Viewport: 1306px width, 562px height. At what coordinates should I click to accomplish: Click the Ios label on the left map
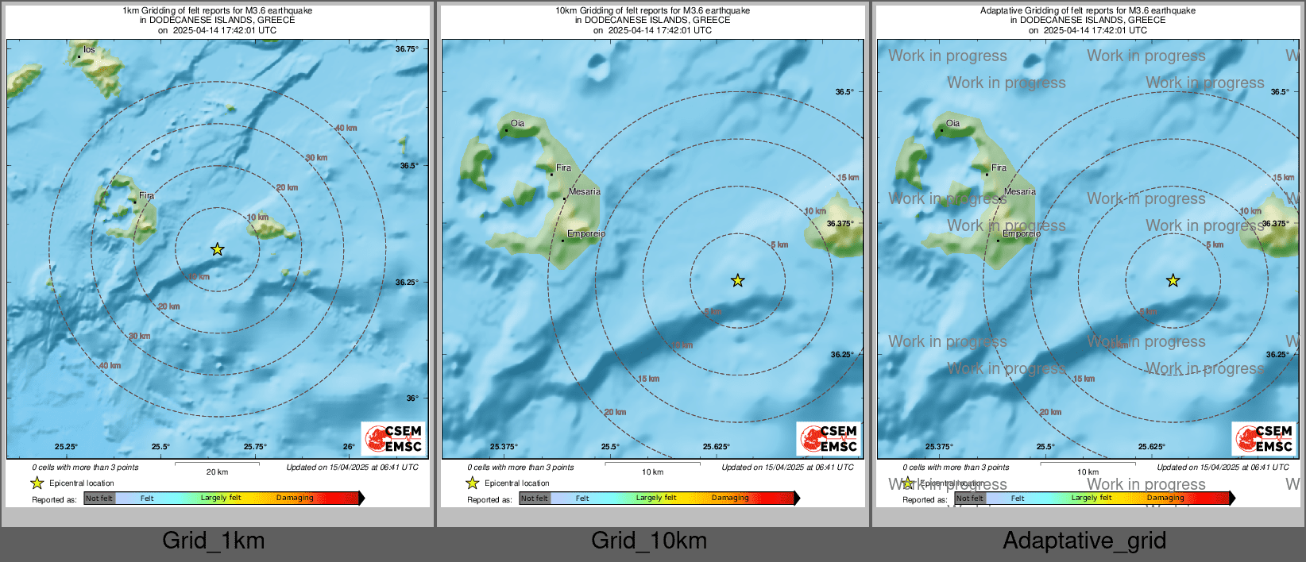pyautogui.click(x=89, y=49)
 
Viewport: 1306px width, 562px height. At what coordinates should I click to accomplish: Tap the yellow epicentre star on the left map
pyautogui.click(x=218, y=250)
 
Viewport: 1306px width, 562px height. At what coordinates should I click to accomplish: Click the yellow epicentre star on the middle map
pyautogui.click(x=738, y=280)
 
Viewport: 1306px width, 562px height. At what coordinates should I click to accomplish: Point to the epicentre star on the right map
pyautogui.click(x=1173, y=280)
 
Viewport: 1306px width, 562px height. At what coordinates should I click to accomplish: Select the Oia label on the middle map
pyautogui.click(x=517, y=123)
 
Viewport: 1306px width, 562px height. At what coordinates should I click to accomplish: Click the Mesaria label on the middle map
pyautogui.click(x=585, y=191)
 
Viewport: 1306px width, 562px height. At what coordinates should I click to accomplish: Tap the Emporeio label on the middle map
pyautogui.click(x=586, y=233)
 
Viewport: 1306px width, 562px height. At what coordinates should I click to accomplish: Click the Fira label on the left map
pyautogui.click(x=146, y=195)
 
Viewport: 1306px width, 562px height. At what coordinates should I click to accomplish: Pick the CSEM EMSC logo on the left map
pyautogui.click(x=394, y=438)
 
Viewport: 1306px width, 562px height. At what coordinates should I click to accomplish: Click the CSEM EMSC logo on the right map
pyautogui.click(x=1265, y=438)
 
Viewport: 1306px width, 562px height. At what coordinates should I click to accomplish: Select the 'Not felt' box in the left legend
pyautogui.click(x=99, y=498)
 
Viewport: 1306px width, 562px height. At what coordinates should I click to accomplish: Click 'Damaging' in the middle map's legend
pyautogui.click(x=730, y=498)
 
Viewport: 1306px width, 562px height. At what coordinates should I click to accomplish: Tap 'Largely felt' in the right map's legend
pyautogui.click(x=1092, y=498)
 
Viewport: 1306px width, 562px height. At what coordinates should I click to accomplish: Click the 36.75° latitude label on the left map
pyautogui.click(x=407, y=49)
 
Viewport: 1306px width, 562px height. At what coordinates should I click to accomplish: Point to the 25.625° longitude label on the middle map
pyautogui.click(x=717, y=447)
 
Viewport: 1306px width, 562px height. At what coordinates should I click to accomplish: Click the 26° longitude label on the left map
pyautogui.click(x=349, y=447)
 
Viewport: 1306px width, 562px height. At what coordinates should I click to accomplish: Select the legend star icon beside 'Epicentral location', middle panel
pyautogui.click(x=473, y=483)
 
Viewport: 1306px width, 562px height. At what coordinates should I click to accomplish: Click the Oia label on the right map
pyautogui.click(x=952, y=123)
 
